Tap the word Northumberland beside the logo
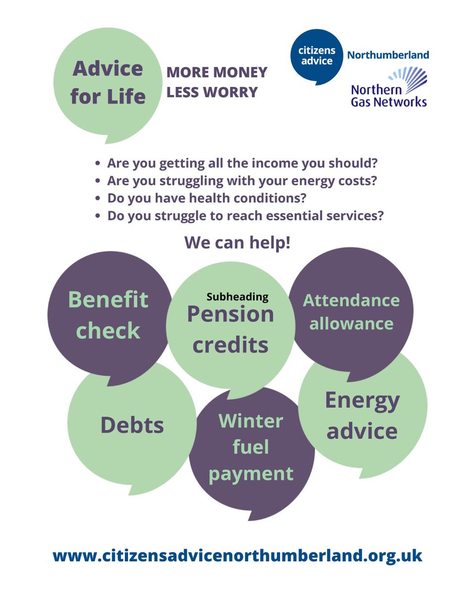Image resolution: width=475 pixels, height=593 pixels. (388, 55)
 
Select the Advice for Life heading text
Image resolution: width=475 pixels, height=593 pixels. (108, 82)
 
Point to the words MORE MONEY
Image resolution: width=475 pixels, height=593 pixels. (217, 73)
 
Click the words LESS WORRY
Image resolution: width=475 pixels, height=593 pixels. (212, 92)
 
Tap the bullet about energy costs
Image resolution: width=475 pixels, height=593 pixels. (242, 181)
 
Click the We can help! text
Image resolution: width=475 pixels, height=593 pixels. (237, 243)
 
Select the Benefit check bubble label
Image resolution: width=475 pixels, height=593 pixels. (108, 315)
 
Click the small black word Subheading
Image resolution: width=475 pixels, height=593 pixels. (237, 297)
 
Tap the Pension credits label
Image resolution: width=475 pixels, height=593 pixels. (231, 330)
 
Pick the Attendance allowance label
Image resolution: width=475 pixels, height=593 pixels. (351, 312)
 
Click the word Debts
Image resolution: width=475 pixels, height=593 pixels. (132, 425)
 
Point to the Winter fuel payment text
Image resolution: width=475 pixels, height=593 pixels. (251, 447)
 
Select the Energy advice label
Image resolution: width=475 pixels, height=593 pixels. (362, 416)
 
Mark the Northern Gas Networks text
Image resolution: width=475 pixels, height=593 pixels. (388, 96)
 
